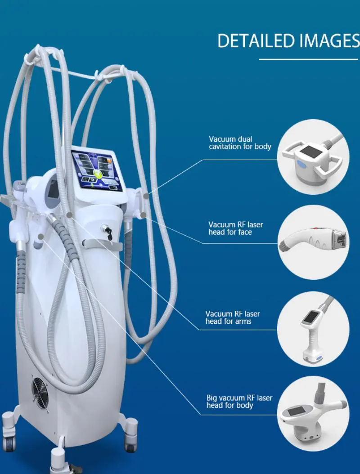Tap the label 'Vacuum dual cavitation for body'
240,143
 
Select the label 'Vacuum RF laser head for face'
236,228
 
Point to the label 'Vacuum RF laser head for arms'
233,317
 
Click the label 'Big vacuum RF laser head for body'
239,402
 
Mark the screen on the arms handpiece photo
310,317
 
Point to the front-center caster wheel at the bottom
58,463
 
